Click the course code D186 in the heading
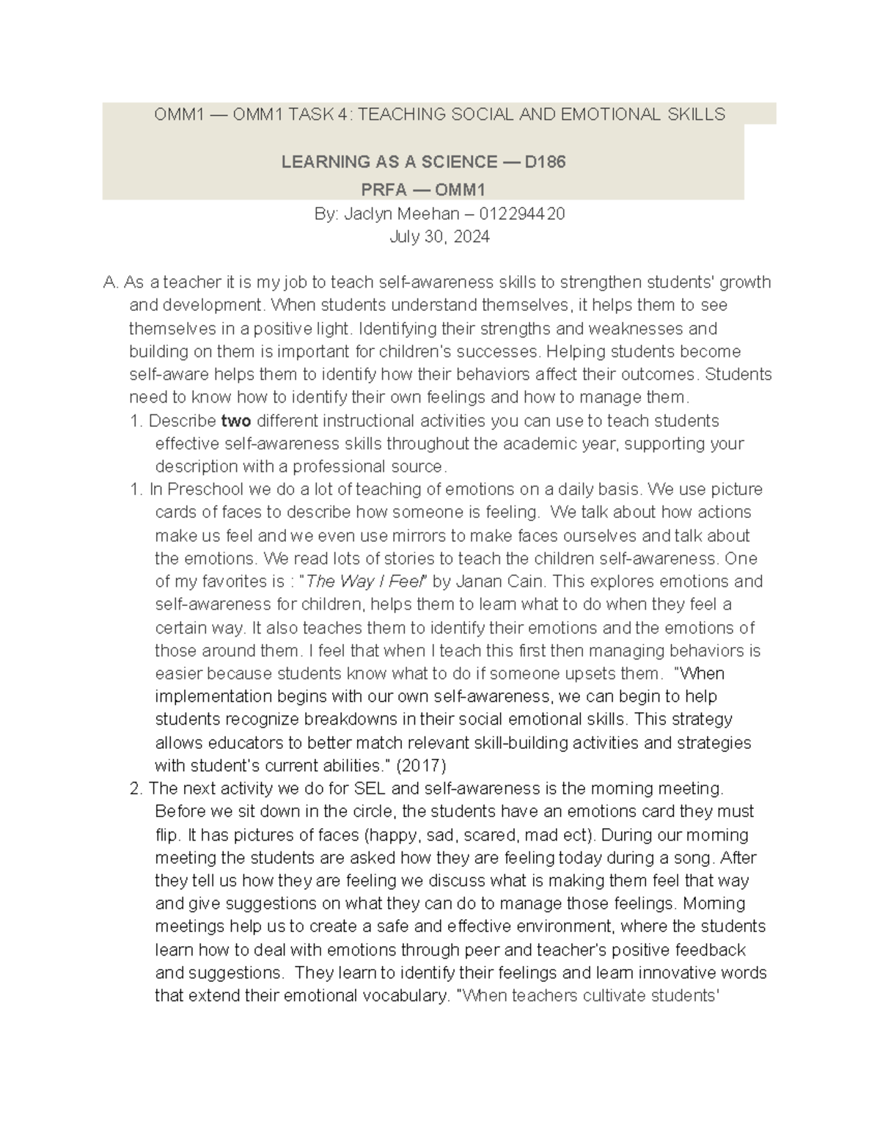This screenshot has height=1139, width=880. pos(544,162)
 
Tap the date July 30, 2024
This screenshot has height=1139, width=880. pos(439,237)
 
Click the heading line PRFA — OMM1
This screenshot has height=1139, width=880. pos(423,191)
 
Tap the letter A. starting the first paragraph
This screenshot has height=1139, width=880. pos(111,282)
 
